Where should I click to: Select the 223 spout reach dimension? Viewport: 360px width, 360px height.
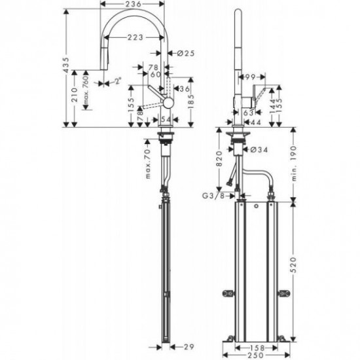[x=136, y=37]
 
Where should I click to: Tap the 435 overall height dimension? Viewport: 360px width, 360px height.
[x=67, y=63]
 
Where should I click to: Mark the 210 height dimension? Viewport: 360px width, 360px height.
[x=77, y=98]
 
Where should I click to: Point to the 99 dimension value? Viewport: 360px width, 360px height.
[x=249, y=77]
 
